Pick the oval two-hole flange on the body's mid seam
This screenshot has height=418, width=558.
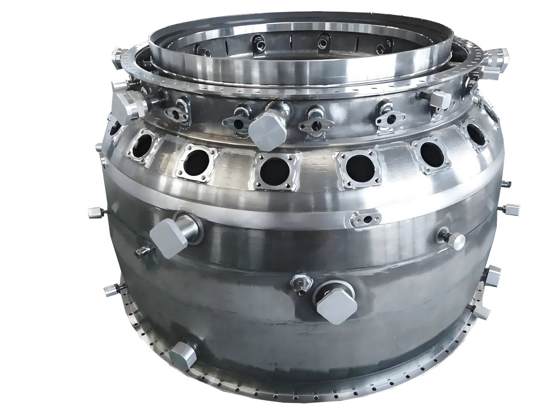tap(366, 218)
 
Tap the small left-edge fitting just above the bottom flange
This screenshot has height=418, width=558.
tap(111, 290)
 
